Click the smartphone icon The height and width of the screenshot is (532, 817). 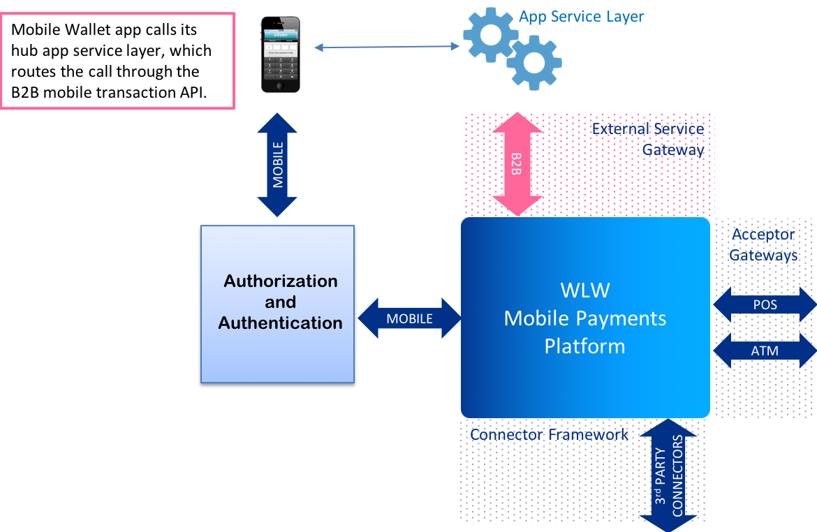tap(280, 54)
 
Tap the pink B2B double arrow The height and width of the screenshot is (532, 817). tap(517, 163)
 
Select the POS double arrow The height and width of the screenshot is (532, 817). tap(765, 305)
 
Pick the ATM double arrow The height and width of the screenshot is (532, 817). tap(765, 350)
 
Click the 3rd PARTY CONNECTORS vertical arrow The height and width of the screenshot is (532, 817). tap(668, 475)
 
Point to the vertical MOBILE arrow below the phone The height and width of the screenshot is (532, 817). tap(278, 165)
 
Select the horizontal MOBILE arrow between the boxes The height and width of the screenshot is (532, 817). tap(410, 318)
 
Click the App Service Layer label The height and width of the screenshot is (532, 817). tap(581, 16)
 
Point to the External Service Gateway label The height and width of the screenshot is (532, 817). tap(648, 139)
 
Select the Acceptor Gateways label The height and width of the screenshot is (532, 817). tap(764, 244)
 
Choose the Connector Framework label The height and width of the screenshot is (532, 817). tap(549, 434)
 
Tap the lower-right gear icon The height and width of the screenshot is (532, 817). tap(534, 64)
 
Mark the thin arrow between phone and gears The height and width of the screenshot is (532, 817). tap(386, 47)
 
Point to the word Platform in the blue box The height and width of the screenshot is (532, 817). tap(585, 346)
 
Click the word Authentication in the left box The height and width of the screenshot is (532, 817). tap(281, 323)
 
